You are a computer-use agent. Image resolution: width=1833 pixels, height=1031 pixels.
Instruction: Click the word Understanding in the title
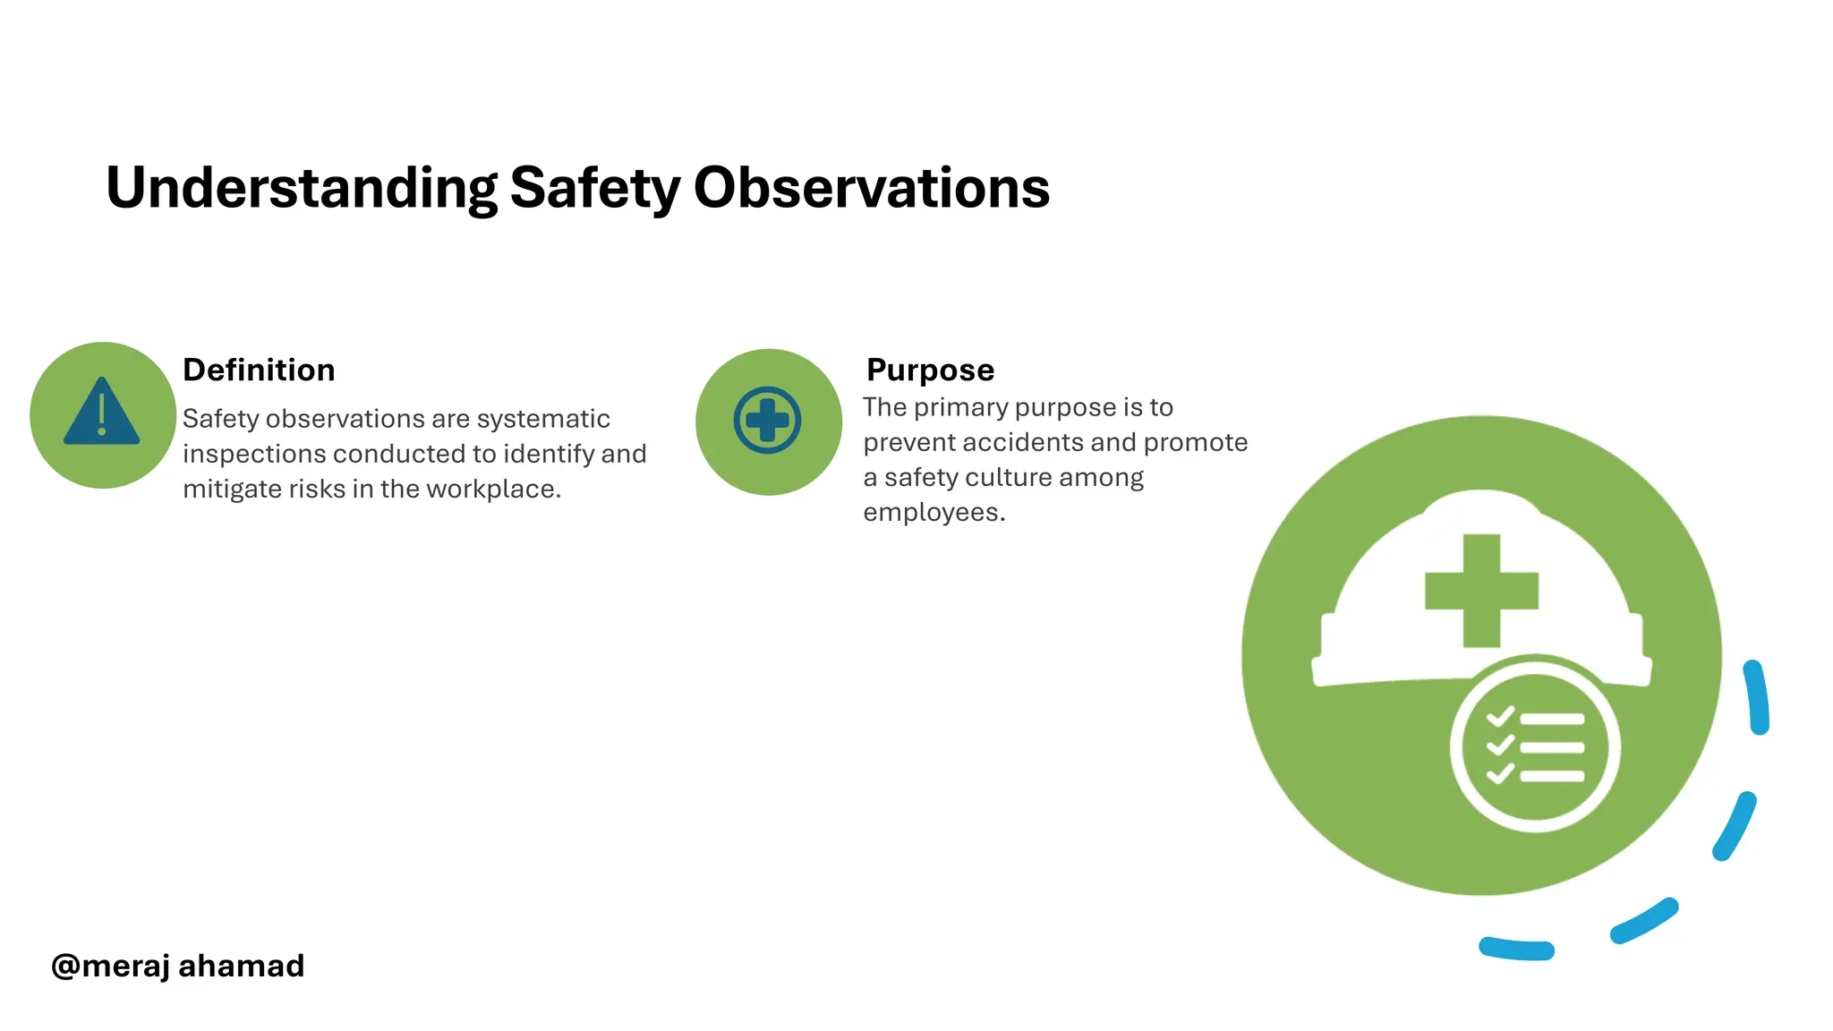pyautogui.click(x=301, y=189)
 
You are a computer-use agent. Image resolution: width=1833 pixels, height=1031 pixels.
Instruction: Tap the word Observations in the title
pyautogui.click(x=871, y=189)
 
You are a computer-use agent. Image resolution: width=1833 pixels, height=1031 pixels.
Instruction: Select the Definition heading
pyautogui.click(x=259, y=370)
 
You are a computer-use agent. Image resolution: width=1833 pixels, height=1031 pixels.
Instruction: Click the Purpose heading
pyautogui.click(x=930, y=370)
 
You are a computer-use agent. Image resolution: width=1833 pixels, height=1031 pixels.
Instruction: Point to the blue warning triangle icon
pyautogui.click(x=102, y=413)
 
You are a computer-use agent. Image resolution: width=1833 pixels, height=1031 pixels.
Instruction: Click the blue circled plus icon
pyautogui.click(x=767, y=421)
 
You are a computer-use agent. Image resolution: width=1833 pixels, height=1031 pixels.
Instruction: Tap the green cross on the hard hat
pyautogui.click(x=1481, y=591)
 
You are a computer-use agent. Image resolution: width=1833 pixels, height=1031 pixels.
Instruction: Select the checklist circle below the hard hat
pyautogui.click(x=1535, y=746)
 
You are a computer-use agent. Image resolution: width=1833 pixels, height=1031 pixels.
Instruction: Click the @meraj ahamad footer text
pyautogui.click(x=178, y=966)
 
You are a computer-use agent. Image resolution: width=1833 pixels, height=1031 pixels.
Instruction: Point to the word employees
pyautogui.click(x=934, y=513)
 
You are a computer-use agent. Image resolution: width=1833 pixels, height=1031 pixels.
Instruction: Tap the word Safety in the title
pyautogui.click(x=595, y=189)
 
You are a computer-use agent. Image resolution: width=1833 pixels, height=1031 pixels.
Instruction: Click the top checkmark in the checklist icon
pyautogui.click(x=1500, y=717)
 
